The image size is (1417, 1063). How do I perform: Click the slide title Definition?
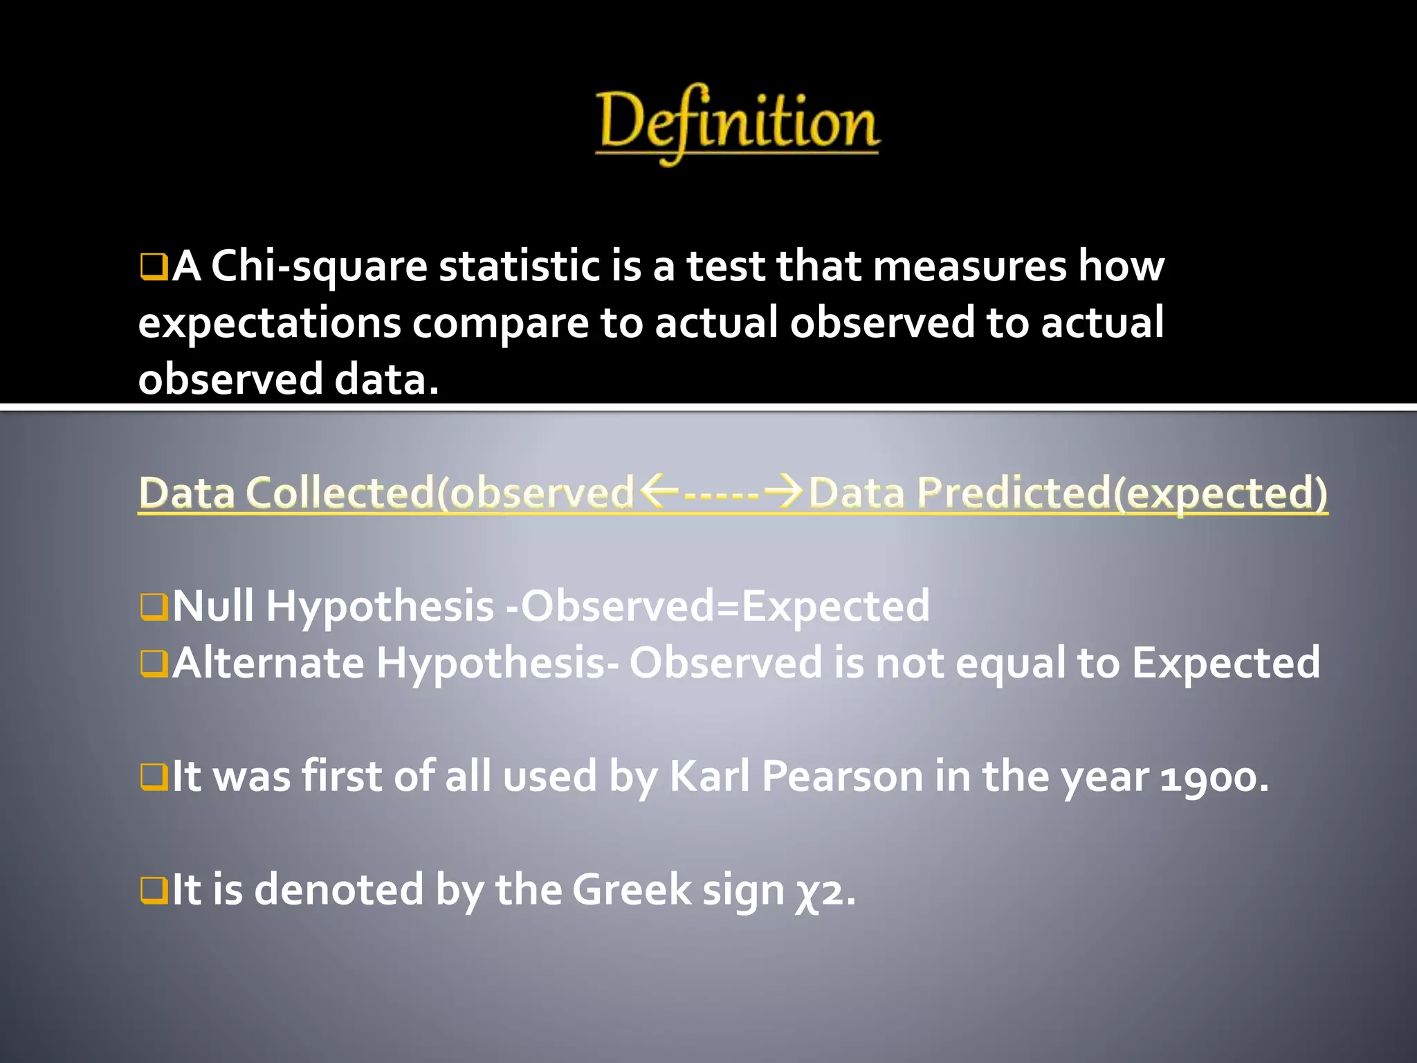pyautogui.click(x=738, y=123)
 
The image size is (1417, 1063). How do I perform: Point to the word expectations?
pyautogui.click(x=269, y=324)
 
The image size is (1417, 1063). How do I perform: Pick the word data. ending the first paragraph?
pyautogui.click(x=387, y=380)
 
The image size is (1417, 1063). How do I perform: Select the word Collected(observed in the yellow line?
pyautogui.click(x=439, y=493)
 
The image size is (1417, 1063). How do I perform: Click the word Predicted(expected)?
pyautogui.click(x=1122, y=493)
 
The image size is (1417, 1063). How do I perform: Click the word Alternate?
pyautogui.click(x=268, y=663)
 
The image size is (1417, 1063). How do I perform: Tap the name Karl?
pyautogui.click(x=710, y=776)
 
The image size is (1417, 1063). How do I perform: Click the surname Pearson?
pyautogui.click(x=842, y=776)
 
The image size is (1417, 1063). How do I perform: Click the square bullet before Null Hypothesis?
pyautogui.click(x=154, y=607)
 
